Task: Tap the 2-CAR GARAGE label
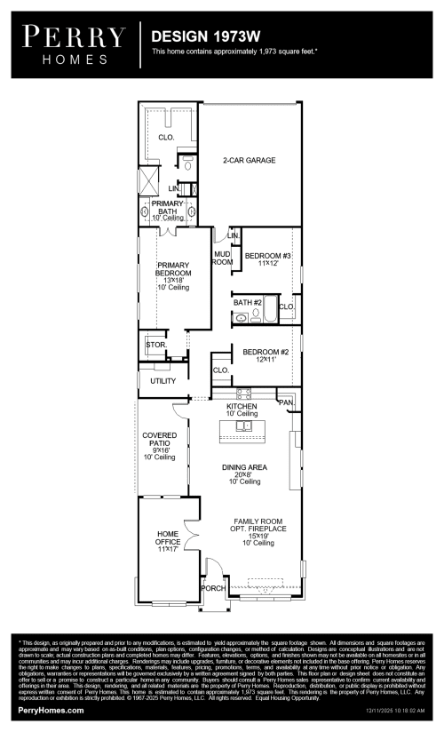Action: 249,161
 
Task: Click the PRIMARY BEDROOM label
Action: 173,273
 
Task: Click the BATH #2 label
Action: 247,302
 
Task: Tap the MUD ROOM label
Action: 222,259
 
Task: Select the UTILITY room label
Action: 163,380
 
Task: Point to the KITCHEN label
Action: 242,406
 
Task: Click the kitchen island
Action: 243,428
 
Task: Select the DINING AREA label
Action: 244,467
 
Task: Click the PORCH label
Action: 213,588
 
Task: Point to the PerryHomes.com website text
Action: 52,711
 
